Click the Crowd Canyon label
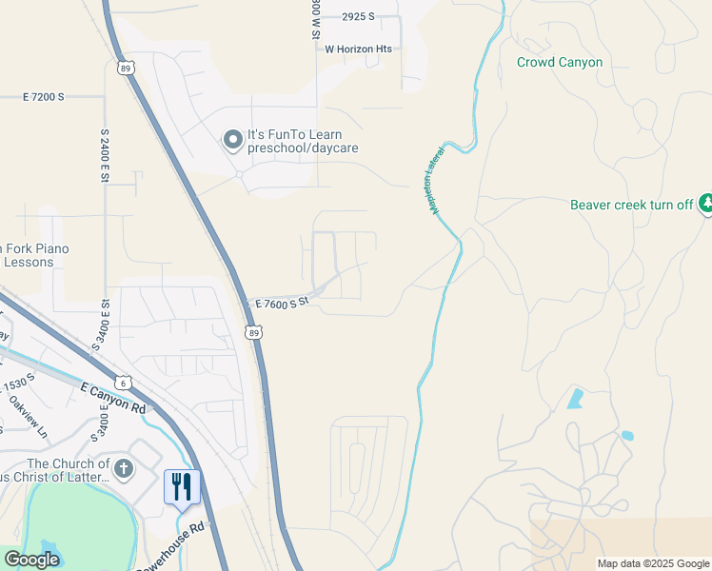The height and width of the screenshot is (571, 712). pyautogui.click(x=560, y=62)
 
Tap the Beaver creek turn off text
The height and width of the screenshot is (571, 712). pyautogui.click(x=631, y=205)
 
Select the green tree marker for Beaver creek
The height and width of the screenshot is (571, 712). pyautogui.click(x=705, y=203)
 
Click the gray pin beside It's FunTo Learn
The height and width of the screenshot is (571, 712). pyautogui.click(x=231, y=142)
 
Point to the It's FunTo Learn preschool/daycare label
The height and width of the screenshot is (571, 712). pyautogui.click(x=294, y=141)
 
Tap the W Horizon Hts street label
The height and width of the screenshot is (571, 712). pyautogui.click(x=358, y=49)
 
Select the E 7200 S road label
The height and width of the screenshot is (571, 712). pyautogui.click(x=43, y=97)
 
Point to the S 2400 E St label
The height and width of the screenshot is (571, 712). pyautogui.click(x=103, y=152)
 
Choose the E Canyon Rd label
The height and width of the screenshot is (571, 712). pyautogui.click(x=113, y=397)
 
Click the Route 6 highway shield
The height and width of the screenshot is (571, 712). pyautogui.click(x=125, y=383)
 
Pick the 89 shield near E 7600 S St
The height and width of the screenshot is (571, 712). pyautogui.click(x=251, y=332)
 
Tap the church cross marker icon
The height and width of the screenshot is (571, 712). pyautogui.click(x=124, y=468)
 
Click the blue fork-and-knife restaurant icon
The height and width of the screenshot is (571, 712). pyautogui.click(x=180, y=485)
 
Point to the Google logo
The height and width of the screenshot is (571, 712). pyautogui.click(x=30, y=559)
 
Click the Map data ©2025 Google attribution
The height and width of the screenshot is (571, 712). pyautogui.click(x=653, y=563)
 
